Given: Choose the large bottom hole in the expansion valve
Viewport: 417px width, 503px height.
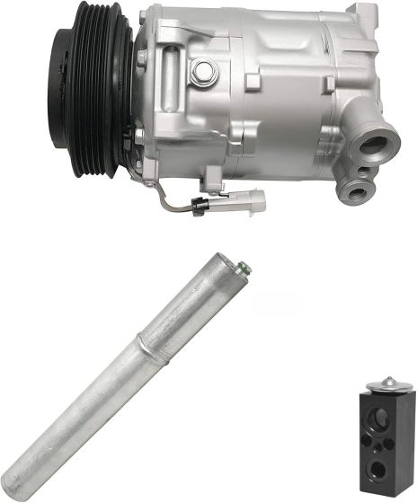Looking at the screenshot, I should coord(381,468).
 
